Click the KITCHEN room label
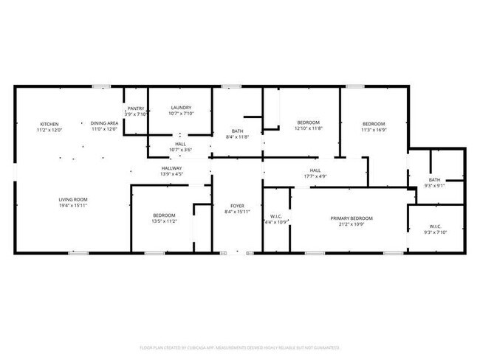pyautogui.click(x=49, y=123)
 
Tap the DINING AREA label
pyautogui.click(x=104, y=123)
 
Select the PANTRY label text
pyautogui.click(x=136, y=108)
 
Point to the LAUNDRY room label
pyautogui.click(x=181, y=108)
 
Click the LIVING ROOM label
pyautogui.click(x=74, y=199)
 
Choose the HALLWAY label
pyautogui.click(x=172, y=169)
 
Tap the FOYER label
pyautogui.click(x=237, y=207)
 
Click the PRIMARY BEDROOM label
pyautogui.click(x=352, y=218)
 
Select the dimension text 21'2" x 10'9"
pyautogui.click(x=352, y=224)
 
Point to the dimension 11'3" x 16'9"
pyautogui.click(x=374, y=130)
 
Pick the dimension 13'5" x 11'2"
pyautogui.click(x=164, y=221)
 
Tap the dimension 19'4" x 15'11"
pyautogui.click(x=74, y=206)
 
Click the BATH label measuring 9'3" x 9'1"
pyautogui.click(x=435, y=179)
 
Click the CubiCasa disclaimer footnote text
pyautogui.click(x=239, y=347)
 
